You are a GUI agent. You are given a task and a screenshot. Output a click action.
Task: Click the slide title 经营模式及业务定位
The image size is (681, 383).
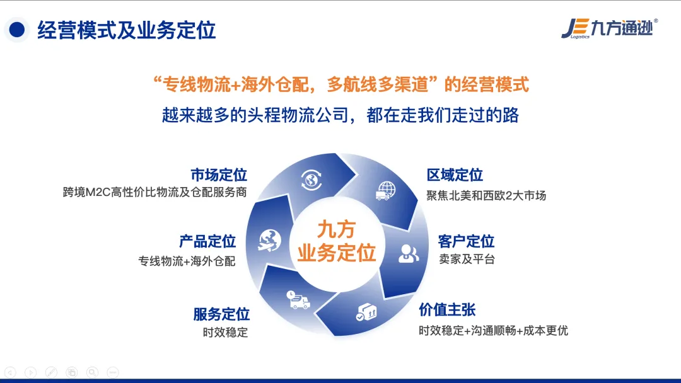click(x=126, y=30)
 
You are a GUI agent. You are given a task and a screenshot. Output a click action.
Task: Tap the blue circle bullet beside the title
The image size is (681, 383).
click(x=17, y=30)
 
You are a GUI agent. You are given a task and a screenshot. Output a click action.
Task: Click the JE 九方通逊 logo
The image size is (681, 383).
click(x=609, y=28)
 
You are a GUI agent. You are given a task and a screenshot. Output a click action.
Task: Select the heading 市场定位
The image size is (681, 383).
click(x=219, y=174)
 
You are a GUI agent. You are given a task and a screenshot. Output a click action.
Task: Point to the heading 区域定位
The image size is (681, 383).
click(x=455, y=174)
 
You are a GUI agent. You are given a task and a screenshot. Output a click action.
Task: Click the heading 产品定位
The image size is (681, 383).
click(x=207, y=241)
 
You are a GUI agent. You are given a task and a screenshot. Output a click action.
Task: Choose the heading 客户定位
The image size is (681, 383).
click(x=466, y=241)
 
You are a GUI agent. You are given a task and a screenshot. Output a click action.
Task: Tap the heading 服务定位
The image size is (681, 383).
click(x=221, y=314)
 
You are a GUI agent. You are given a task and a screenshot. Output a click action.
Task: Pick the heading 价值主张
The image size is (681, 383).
click(x=447, y=310)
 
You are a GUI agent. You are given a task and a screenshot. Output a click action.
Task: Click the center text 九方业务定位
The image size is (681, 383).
click(x=337, y=241)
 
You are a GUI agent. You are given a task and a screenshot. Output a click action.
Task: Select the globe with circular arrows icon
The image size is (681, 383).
click(x=311, y=180)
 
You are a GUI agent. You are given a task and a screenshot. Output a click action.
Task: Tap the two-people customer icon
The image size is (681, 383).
click(x=408, y=253)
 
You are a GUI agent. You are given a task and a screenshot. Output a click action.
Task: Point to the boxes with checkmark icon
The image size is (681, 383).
click(x=366, y=312)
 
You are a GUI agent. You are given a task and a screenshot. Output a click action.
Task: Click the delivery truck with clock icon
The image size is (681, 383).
click(x=298, y=300)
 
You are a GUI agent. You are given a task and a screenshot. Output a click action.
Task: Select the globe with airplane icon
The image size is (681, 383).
click(x=270, y=241)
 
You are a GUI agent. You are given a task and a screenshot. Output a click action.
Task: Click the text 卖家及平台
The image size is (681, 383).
click(x=467, y=260)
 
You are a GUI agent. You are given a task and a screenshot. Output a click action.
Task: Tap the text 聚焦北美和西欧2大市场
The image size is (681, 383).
click(x=486, y=196)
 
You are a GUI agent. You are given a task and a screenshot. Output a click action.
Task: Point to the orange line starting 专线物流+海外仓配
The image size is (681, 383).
click(x=341, y=84)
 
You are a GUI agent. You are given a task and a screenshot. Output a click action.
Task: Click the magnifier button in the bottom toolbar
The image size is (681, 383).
click(x=92, y=372)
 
